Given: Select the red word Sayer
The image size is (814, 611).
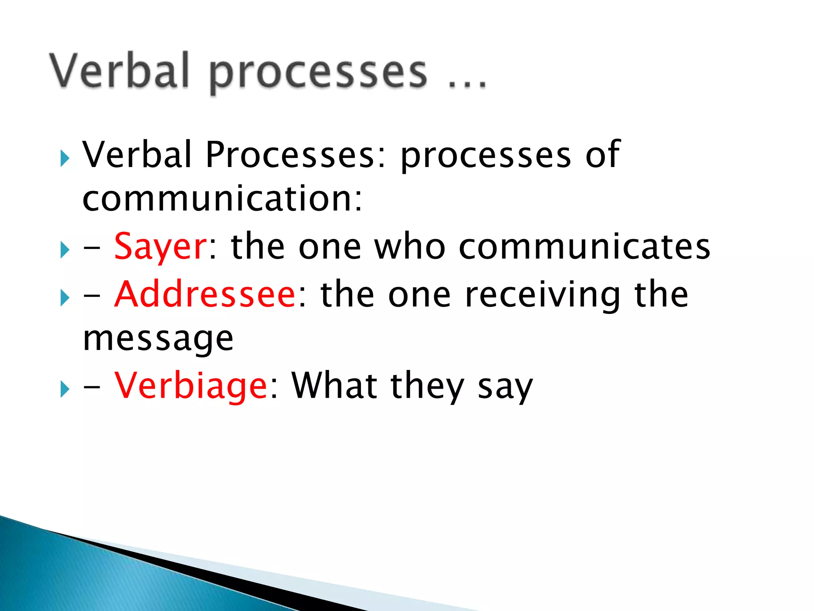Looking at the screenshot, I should pyautogui.click(x=160, y=247).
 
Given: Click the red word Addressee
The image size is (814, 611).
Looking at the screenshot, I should pyautogui.click(x=205, y=295).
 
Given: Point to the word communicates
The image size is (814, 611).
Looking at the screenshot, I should pyautogui.click(x=584, y=247).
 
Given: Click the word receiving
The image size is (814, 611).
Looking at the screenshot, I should pyautogui.click(x=542, y=295).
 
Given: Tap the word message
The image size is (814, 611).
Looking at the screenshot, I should pyautogui.click(x=158, y=339).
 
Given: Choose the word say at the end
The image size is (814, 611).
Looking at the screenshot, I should pyautogui.click(x=505, y=388).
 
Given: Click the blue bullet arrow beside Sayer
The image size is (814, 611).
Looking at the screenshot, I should pyautogui.click(x=65, y=250).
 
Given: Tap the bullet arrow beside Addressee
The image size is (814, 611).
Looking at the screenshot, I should pyautogui.click(x=65, y=298).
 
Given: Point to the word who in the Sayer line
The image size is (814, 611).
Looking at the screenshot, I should pyautogui.click(x=410, y=247).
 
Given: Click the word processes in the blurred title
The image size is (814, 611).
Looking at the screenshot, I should pyautogui.click(x=318, y=74).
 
